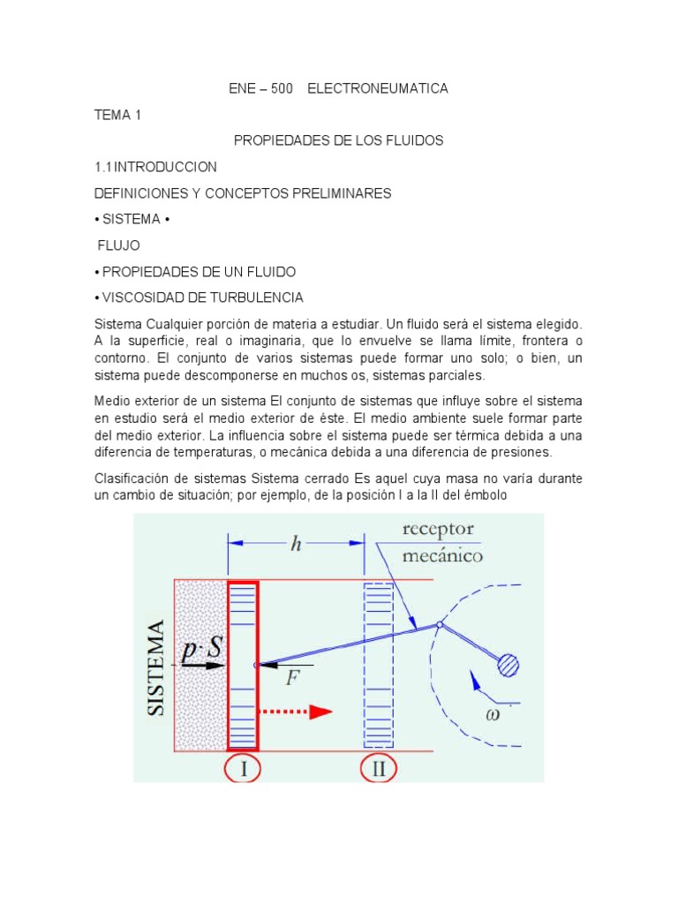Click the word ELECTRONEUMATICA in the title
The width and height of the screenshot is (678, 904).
(x=377, y=88)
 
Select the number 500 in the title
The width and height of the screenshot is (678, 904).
(x=281, y=88)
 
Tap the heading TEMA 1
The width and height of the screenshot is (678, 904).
(x=117, y=115)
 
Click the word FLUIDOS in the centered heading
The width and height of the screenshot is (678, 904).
(x=411, y=140)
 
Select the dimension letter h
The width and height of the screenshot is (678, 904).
(x=297, y=544)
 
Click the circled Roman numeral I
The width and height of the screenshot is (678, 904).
(x=243, y=768)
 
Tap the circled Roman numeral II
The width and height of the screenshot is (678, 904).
(x=380, y=768)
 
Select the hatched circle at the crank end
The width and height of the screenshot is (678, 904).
(x=508, y=665)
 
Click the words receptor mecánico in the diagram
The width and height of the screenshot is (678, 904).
(x=438, y=542)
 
